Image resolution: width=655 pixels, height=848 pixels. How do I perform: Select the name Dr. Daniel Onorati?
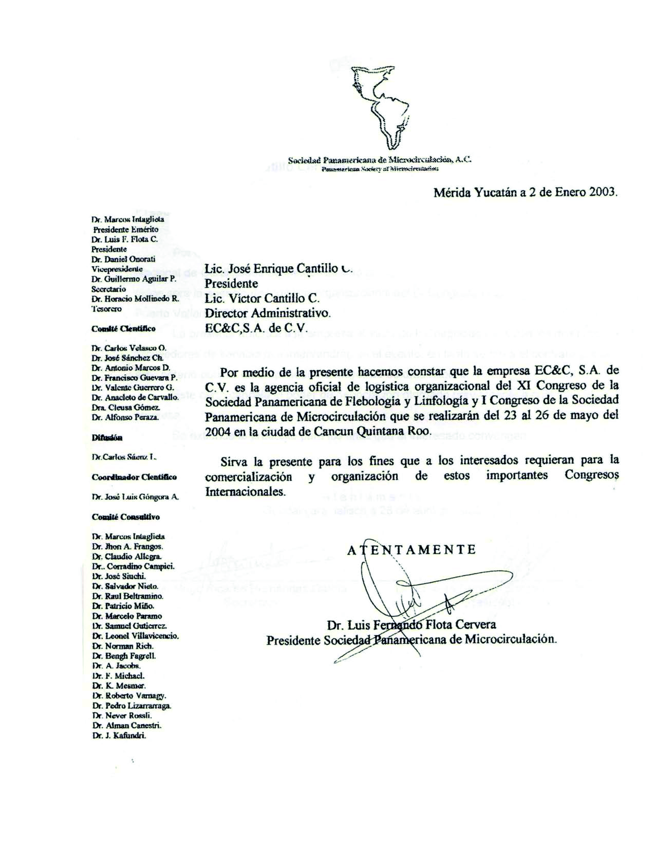point(123,259)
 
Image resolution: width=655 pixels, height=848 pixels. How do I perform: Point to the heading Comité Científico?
point(123,328)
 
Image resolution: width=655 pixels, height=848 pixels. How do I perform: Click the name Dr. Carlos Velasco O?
point(129,348)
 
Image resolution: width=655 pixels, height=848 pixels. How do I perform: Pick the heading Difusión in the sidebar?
point(107,437)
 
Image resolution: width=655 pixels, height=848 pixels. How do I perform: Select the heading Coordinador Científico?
point(134,477)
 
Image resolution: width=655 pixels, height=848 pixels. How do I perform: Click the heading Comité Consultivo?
point(125,517)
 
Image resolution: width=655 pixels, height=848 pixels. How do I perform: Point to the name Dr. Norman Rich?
point(123,646)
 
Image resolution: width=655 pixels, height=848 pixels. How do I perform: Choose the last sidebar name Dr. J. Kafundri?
point(119,735)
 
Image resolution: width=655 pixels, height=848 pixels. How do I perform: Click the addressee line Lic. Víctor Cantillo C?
point(262,299)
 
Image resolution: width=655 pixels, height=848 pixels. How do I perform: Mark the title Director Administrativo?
point(268,313)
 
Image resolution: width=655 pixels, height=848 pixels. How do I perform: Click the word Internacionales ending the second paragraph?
point(245,491)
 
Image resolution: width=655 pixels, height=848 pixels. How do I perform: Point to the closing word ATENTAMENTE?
point(411,550)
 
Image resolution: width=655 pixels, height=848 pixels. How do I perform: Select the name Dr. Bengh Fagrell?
point(124,656)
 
